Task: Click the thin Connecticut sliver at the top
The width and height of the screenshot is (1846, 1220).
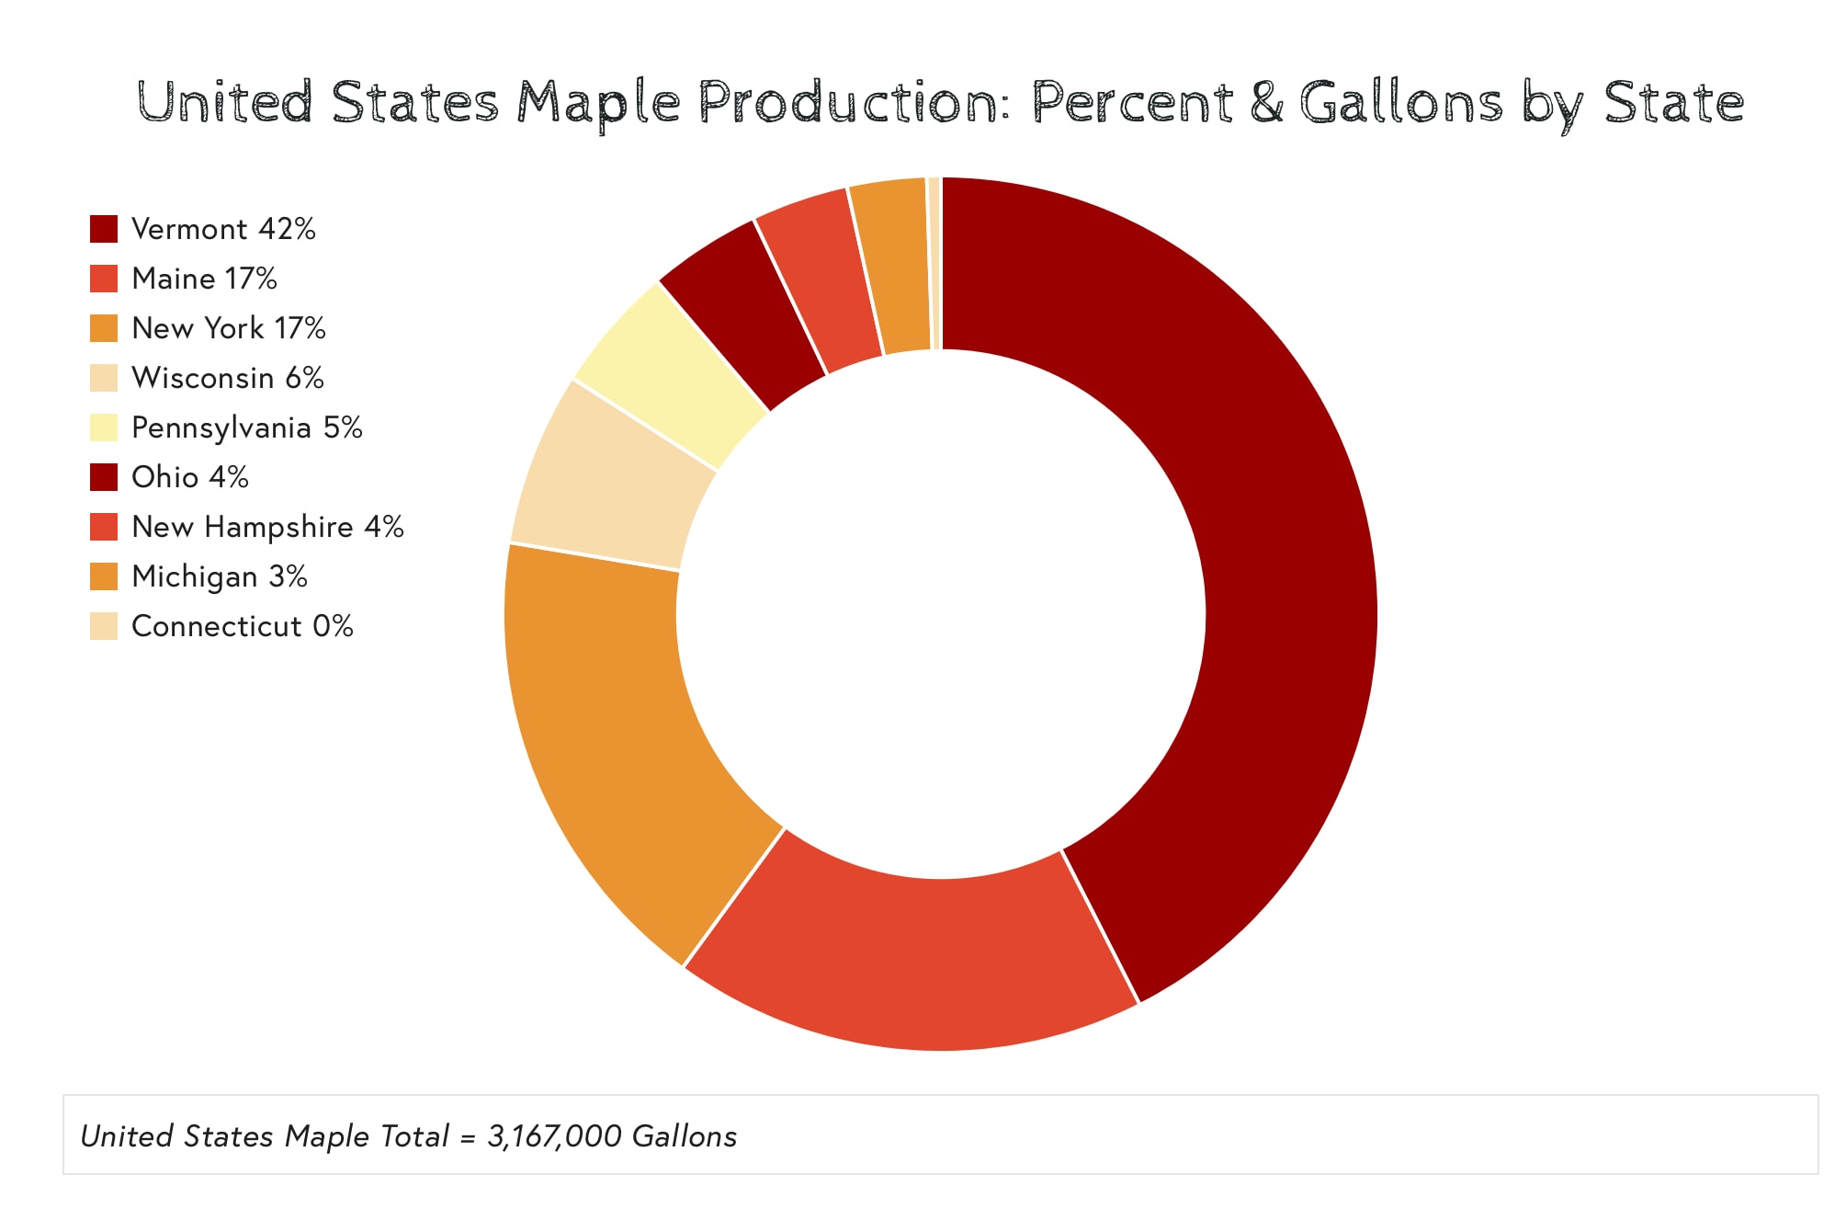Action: [934, 262]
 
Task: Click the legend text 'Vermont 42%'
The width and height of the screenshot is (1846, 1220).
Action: [223, 229]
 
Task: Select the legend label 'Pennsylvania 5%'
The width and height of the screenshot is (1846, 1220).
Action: [246, 428]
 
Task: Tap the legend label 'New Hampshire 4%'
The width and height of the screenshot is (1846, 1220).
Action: [267, 527]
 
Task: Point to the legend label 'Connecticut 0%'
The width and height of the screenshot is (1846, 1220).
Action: [242, 626]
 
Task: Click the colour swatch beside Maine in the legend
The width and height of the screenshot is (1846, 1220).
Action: [104, 279]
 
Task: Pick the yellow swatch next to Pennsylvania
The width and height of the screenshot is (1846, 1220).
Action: [104, 428]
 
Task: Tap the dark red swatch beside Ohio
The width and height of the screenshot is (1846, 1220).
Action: [104, 477]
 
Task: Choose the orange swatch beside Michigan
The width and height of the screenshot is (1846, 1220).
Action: [104, 576]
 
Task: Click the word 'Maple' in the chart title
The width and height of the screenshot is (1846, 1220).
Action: [598, 103]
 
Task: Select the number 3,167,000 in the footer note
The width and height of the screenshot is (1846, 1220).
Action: [554, 1136]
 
